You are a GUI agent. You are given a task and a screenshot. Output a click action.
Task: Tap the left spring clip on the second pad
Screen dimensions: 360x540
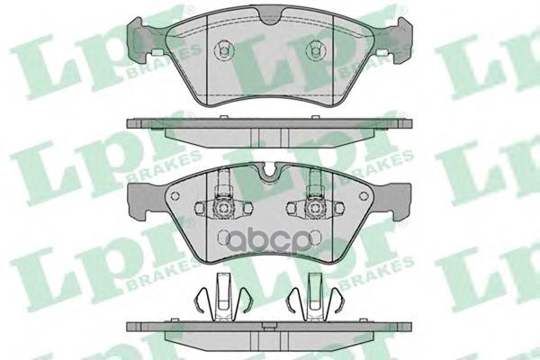point(221,205)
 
